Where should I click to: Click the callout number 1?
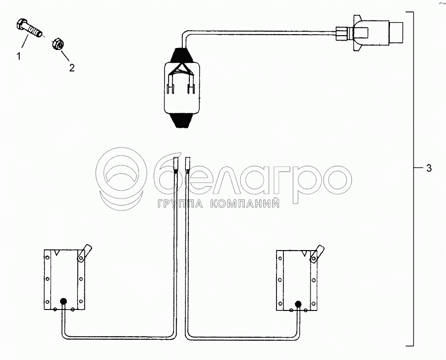coord(19,56)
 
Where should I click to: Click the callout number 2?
coord(72,68)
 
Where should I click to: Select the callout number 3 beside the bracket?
coord(429,168)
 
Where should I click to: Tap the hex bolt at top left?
coord(28,28)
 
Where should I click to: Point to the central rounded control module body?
coord(182,87)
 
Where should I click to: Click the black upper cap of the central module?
coord(182,55)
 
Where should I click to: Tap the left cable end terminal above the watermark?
coord(176,164)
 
